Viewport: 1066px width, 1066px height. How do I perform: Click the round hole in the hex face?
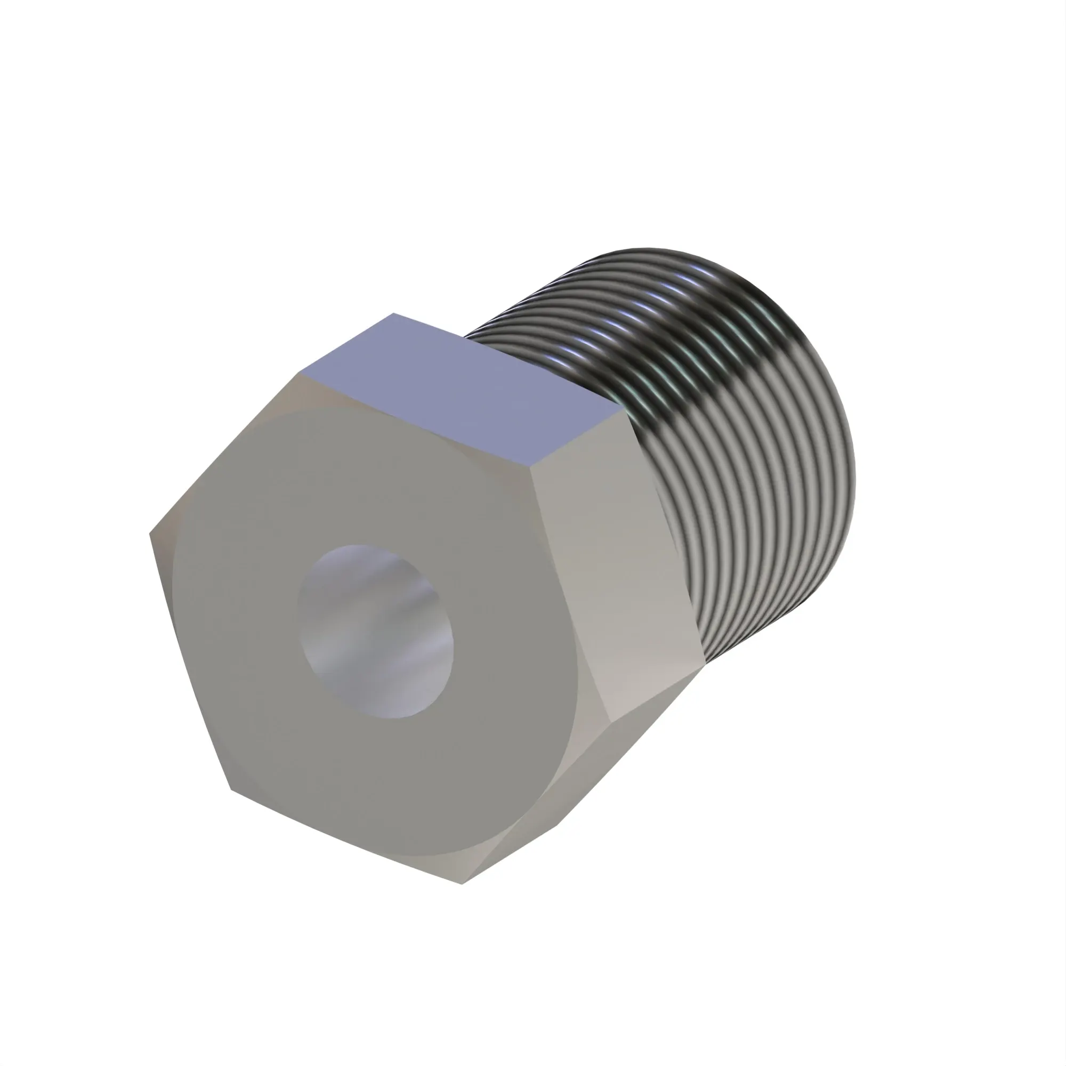pyautogui.click(x=375, y=632)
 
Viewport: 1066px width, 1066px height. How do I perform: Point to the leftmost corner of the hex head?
pyautogui.click(x=150, y=533)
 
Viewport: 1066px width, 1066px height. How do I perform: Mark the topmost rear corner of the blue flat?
pyautogui.click(x=393, y=313)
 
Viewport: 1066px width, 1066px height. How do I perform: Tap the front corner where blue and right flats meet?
pyautogui.click(x=531, y=464)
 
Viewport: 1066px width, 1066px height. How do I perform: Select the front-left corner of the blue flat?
pyautogui.click(x=301, y=373)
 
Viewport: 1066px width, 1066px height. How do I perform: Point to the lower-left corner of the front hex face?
pyautogui.click(x=231, y=789)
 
